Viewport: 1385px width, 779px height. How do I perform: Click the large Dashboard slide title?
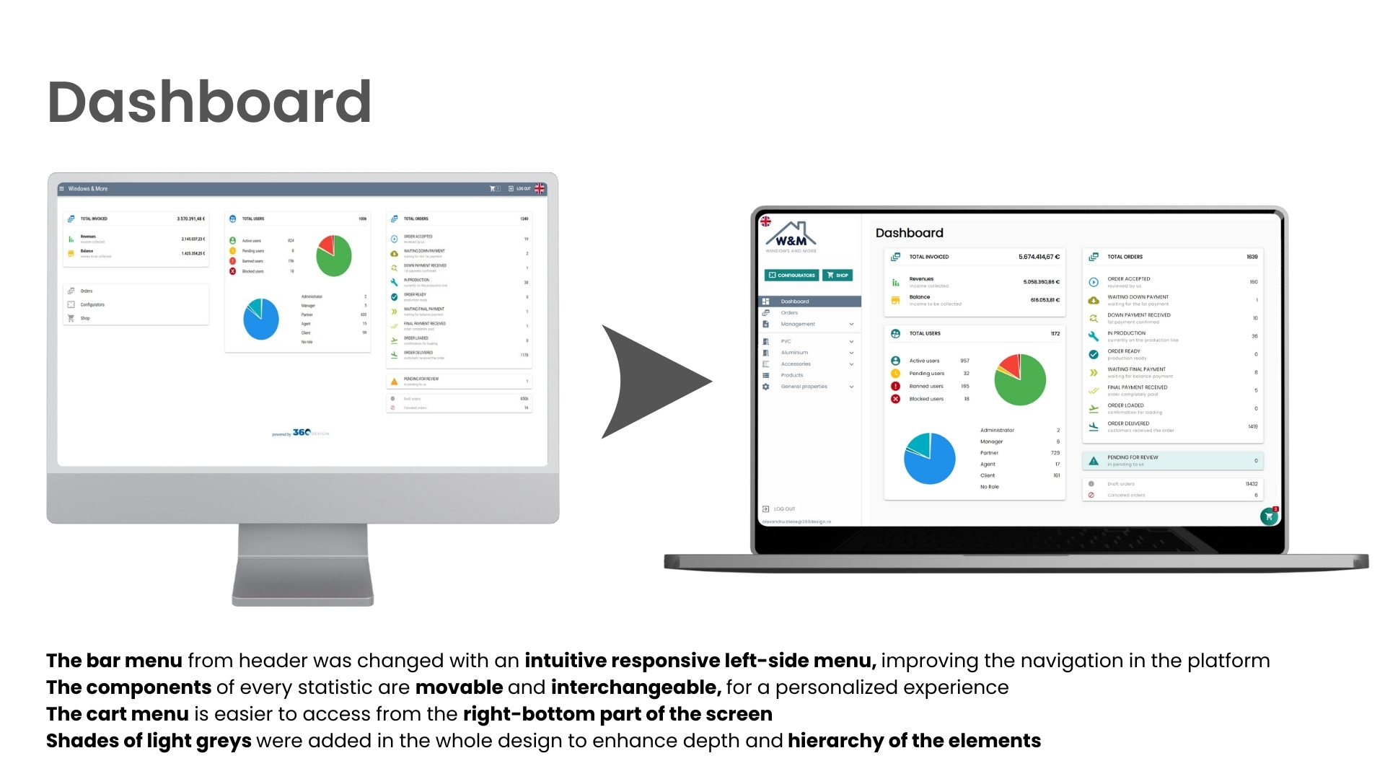(x=209, y=102)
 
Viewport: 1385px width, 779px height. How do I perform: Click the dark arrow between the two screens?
(x=649, y=381)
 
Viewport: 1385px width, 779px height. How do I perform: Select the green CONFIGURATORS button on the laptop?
(x=792, y=275)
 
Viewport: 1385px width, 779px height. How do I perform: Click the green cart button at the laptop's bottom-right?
(x=1269, y=516)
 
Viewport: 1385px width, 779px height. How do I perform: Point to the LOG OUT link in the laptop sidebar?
(x=784, y=509)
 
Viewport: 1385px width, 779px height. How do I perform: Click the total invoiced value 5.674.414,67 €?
(x=1039, y=257)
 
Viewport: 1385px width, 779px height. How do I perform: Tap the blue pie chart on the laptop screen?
(x=929, y=459)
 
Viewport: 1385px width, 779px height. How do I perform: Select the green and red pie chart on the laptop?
(x=1020, y=379)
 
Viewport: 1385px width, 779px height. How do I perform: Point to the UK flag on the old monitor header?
(x=540, y=189)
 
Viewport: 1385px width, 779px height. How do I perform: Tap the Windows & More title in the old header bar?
(x=87, y=189)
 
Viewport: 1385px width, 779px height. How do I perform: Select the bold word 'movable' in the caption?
(x=459, y=687)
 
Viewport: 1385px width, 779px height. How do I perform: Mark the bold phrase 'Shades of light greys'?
(x=149, y=741)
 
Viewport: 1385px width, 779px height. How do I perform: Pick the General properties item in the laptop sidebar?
(x=804, y=387)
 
